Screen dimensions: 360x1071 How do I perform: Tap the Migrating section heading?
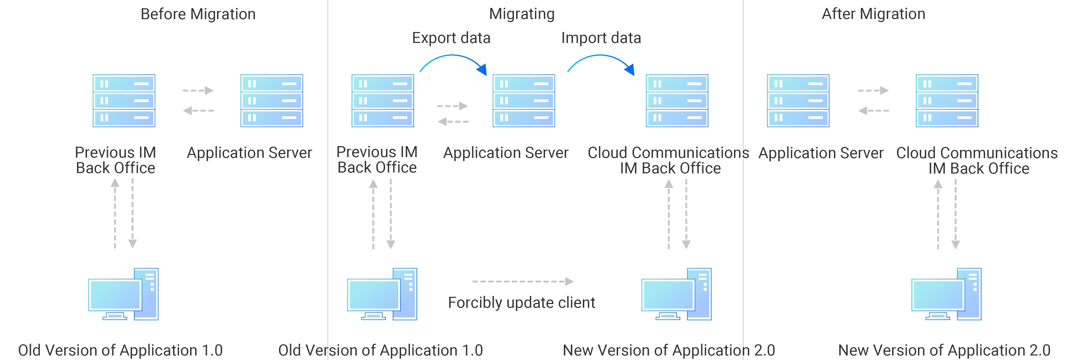522,14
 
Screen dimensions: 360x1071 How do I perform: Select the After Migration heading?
873,14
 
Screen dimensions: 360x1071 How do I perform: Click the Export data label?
451,38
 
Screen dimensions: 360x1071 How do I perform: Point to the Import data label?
601,38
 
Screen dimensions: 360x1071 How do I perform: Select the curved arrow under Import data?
600,58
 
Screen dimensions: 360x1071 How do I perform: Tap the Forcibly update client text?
521,303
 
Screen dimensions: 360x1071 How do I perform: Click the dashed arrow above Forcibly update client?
523,281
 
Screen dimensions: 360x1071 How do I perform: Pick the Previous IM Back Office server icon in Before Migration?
124,101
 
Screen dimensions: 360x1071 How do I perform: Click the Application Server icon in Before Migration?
272,101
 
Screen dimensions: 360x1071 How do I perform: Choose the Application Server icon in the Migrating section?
524,101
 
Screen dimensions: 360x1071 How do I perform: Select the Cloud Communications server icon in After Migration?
947,101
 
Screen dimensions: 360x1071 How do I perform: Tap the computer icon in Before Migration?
123,294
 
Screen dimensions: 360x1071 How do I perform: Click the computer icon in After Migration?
946,294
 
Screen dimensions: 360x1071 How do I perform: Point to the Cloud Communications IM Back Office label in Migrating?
669,161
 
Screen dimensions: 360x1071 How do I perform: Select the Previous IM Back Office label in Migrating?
377,160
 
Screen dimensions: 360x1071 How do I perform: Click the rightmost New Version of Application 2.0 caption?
944,350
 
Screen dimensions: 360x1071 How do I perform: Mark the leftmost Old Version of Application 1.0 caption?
121,350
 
